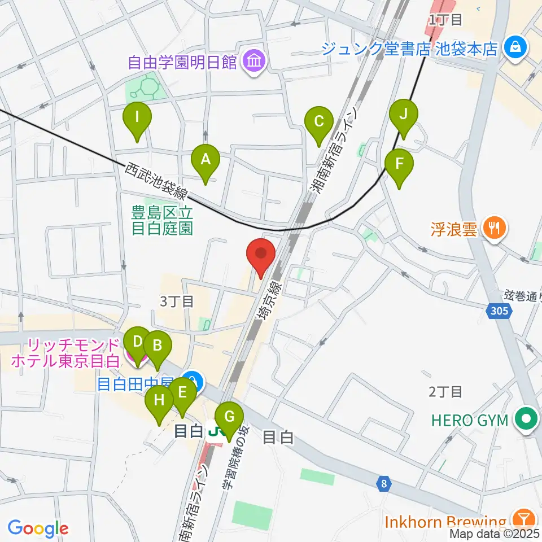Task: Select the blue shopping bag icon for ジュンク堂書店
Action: (x=515, y=47)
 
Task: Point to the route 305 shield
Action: (x=499, y=310)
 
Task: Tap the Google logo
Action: (x=37, y=528)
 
